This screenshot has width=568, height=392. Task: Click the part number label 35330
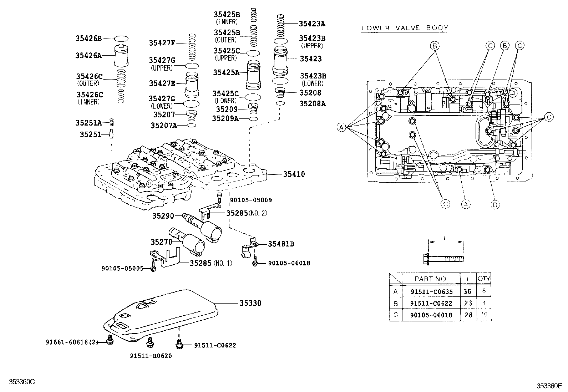point(250,303)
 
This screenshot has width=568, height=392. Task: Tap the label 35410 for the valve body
point(294,174)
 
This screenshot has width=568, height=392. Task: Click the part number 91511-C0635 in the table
point(431,291)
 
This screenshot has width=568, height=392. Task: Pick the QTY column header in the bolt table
point(484,279)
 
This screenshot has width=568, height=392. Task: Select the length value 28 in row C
point(467,315)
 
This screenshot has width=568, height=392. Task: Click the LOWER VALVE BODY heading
point(405,28)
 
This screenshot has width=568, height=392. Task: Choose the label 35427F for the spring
point(162,43)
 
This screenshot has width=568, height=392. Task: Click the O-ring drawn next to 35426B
point(121,39)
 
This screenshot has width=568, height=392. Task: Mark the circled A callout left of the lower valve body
point(341,127)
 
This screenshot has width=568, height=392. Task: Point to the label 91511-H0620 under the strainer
point(151,356)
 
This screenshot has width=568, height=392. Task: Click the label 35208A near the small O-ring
point(312,104)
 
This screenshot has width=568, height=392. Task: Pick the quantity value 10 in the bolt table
point(484,315)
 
